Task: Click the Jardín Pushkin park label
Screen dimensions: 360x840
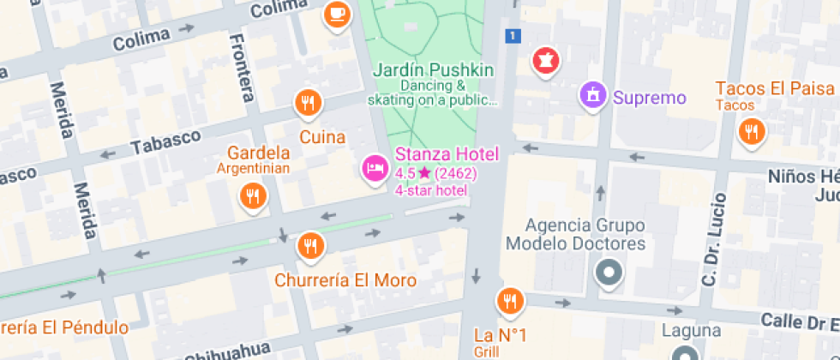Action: (x=434, y=69)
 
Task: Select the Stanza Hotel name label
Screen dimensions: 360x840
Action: (x=447, y=154)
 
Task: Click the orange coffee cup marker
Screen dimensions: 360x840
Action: (x=337, y=15)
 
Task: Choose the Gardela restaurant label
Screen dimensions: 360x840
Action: (x=258, y=153)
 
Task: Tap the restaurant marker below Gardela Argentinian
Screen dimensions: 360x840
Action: (x=253, y=196)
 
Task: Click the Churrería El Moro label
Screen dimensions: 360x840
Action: (x=345, y=280)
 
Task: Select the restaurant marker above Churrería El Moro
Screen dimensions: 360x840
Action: (x=310, y=247)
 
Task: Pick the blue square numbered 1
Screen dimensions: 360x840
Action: (x=513, y=35)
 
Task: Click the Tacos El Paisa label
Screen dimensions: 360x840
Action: (x=775, y=88)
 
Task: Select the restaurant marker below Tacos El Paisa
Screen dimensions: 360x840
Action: (x=752, y=131)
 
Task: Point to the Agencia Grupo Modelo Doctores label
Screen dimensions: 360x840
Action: (x=575, y=235)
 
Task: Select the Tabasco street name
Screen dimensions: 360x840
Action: (x=165, y=141)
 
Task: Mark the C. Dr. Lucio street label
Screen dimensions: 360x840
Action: (x=711, y=239)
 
